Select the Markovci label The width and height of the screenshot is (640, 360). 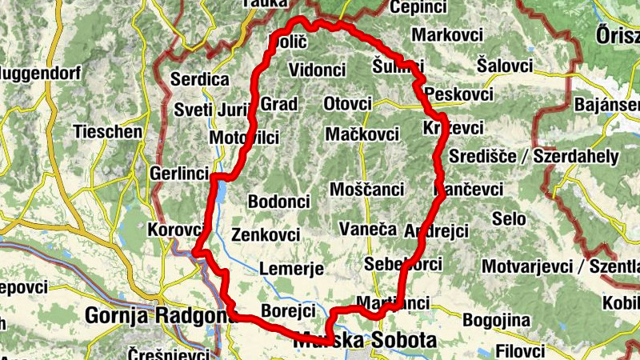[x=447, y=35]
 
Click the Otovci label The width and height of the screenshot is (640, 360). [x=348, y=104]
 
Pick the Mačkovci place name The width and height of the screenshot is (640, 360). [x=362, y=134]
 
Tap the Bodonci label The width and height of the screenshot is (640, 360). [x=279, y=201]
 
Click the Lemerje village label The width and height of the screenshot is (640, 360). [x=291, y=269]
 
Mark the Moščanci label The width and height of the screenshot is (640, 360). [x=366, y=190]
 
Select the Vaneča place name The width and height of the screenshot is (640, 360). [x=368, y=229]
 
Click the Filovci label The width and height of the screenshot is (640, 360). [x=520, y=350]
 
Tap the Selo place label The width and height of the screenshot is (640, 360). [x=509, y=218]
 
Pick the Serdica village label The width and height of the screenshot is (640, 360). [x=200, y=80]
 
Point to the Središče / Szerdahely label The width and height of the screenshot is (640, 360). [x=534, y=155]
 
